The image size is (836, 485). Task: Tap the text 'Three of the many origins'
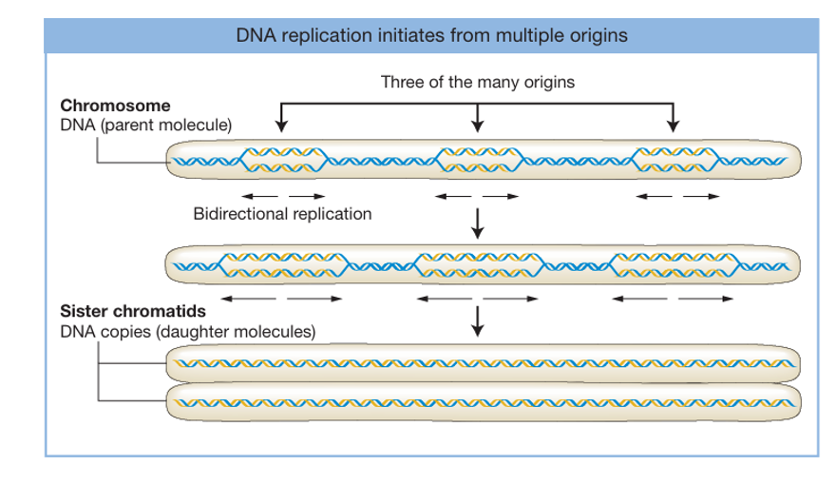coord(477,82)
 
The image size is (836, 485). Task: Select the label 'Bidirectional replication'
coord(282,213)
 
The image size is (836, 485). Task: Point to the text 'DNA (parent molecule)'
coord(145,125)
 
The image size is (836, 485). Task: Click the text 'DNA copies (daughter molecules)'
coord(187,332)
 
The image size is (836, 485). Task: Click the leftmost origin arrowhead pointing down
coord(279,125)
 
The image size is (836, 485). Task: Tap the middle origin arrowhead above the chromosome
coord(478,125)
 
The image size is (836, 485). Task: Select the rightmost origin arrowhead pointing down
coord(674,125)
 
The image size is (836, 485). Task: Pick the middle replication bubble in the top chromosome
coord(479,160)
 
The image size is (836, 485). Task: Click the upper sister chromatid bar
coord(484,364)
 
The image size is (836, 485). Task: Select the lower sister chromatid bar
coord(484,401)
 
